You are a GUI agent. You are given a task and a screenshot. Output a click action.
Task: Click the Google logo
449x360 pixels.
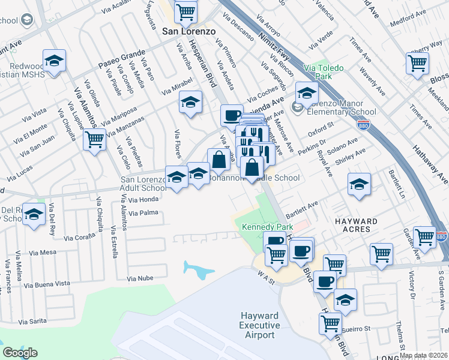[20, 353]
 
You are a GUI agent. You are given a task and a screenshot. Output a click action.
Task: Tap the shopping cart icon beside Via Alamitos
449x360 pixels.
[95, 140]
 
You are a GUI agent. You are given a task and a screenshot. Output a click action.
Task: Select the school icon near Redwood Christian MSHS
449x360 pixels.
[55, 61]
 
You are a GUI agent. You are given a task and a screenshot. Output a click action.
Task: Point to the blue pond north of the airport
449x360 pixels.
[199, 271]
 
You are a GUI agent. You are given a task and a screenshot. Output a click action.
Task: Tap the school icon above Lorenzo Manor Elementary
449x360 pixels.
[307, 93]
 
